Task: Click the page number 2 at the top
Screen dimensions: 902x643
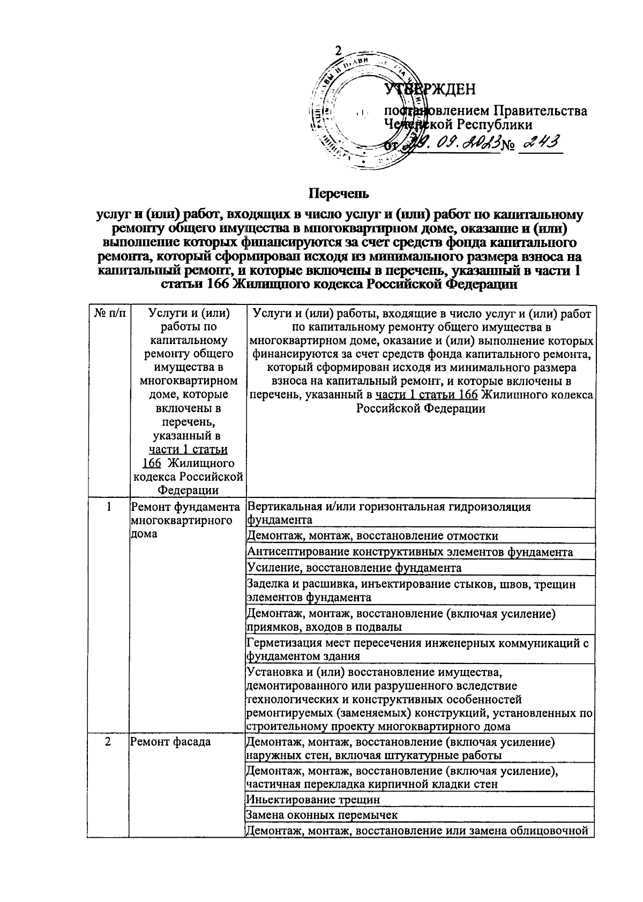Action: coord(338,50)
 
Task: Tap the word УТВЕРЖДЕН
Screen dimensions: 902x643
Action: coord(430,89)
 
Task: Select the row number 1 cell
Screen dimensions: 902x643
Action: coord(108,506)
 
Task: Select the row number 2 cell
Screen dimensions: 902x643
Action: coord(108,742)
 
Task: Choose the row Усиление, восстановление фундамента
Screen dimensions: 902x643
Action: coord(354,568)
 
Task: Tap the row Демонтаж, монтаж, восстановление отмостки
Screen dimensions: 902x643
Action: coord(372,536)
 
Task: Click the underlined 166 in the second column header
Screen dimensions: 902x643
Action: coord(152,463)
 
